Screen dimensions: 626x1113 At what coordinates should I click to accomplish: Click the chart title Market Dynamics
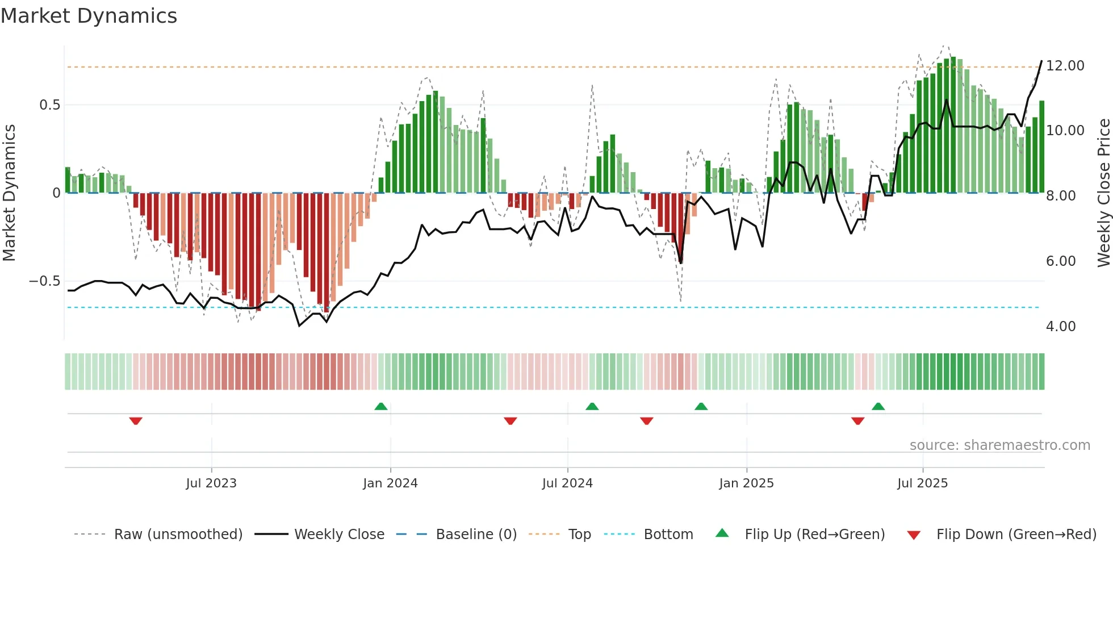[89, 16]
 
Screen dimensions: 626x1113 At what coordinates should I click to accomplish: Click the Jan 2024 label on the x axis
[390, 483]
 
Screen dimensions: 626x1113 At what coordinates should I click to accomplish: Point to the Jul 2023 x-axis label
[211, 483]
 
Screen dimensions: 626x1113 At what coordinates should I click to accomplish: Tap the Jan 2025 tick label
[746, 483]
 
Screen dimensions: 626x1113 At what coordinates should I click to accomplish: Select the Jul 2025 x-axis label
[922, 483]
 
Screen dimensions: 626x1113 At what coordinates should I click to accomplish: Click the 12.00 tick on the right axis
[1065, 66]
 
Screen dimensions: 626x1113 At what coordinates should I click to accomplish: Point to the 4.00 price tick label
[1060, 327]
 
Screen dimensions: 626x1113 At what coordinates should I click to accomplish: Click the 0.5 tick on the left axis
[49, 105]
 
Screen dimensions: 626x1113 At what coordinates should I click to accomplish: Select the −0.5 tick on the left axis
[45, 281]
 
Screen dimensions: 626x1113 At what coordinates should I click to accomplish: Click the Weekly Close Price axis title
[1103, 193]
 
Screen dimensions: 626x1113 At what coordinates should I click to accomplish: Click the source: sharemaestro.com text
[999, 445]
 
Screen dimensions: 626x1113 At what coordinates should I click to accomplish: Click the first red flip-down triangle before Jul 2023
[136, 421]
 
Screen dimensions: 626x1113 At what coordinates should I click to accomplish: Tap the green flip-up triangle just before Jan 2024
[381, 406]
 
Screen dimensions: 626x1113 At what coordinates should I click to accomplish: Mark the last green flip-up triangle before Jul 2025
[878, 406]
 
